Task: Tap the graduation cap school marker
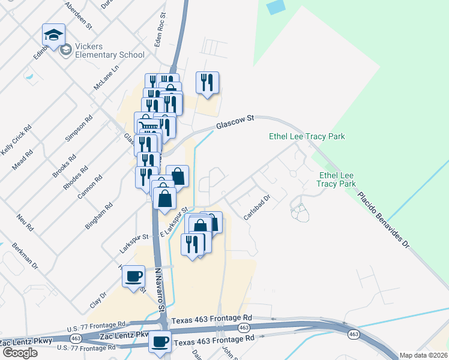click(53, 35)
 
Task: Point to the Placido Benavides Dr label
click(384, 220)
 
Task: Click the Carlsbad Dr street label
click(258, 207)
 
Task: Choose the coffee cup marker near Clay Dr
click(133, 277)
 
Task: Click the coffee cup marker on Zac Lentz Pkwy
click(160, 342)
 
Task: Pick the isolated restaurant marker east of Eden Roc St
click(207, 83)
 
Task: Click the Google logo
click(20, 353)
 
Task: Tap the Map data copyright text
click(424, 355)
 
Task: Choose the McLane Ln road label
click(106, 77)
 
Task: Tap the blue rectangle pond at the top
click(276, 7)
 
